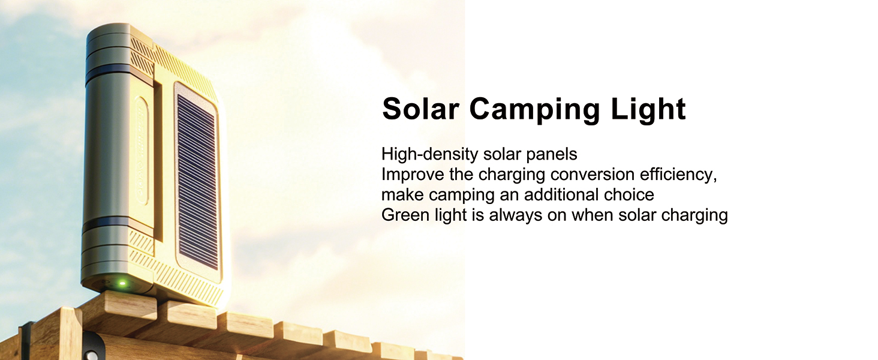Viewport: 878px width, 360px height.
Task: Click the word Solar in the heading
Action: tap(421, 109)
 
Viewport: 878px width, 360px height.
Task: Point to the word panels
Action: tap(552, 155)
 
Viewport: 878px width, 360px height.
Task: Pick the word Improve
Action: tap(413, 175)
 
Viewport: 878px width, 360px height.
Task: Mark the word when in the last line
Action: tap(592, 215)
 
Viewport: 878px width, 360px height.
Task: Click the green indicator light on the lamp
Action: tap(122, 283)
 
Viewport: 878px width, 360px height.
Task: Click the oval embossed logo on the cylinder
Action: tap(142, 151)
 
